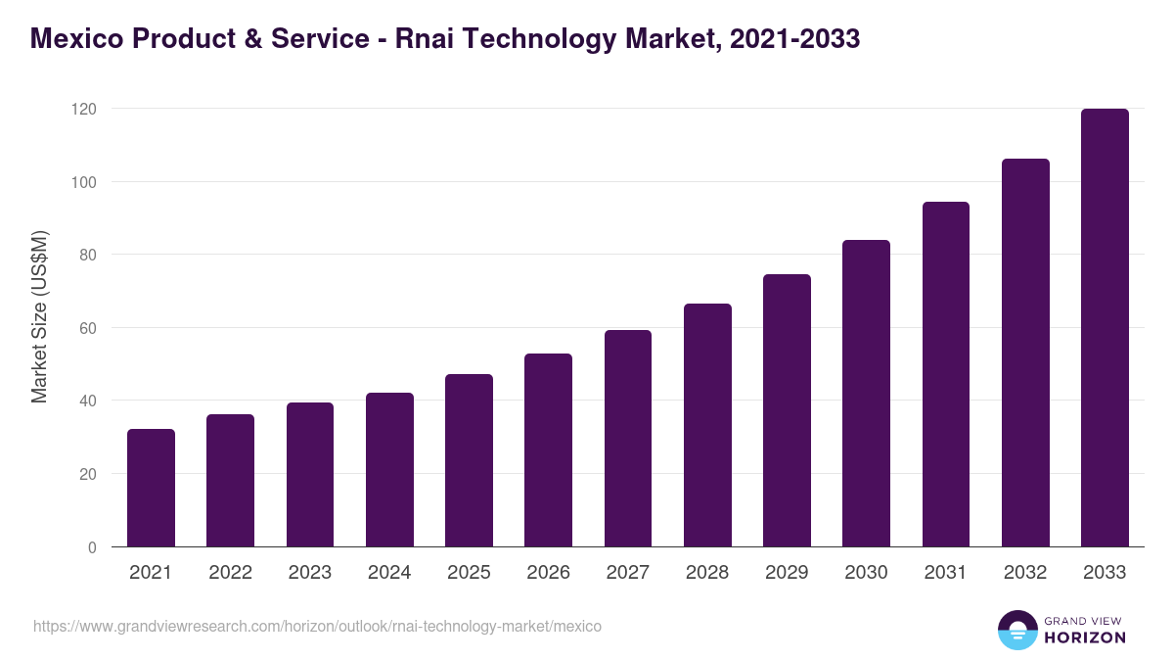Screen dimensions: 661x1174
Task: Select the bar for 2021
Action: (x=151, y=488)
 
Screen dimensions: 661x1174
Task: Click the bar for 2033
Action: (x=1105, y=328)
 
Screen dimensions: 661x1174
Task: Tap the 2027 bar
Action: (x=628, y=439)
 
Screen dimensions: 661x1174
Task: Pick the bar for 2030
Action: (x=866, y=394)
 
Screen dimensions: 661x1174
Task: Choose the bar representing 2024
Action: (x=389, y=470)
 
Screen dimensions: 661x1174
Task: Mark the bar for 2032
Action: (x=1025, y=353)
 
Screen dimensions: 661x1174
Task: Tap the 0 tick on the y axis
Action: (x=91, y=547)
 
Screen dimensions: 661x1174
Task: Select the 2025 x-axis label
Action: (x=469, y=573)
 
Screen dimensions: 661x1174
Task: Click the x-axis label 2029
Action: (x=787, y=573)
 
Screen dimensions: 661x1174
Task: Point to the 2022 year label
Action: (x=230, y=573)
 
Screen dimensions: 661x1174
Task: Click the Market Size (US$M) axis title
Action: (x=39, y=316)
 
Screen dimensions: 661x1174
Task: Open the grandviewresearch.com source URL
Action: (x=317, y=626)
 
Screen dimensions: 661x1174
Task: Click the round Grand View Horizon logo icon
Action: (x=1017, y=630)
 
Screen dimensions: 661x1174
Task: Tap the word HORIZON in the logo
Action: (x=1085, y=637)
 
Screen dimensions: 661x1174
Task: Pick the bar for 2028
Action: (x=707, y=425)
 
